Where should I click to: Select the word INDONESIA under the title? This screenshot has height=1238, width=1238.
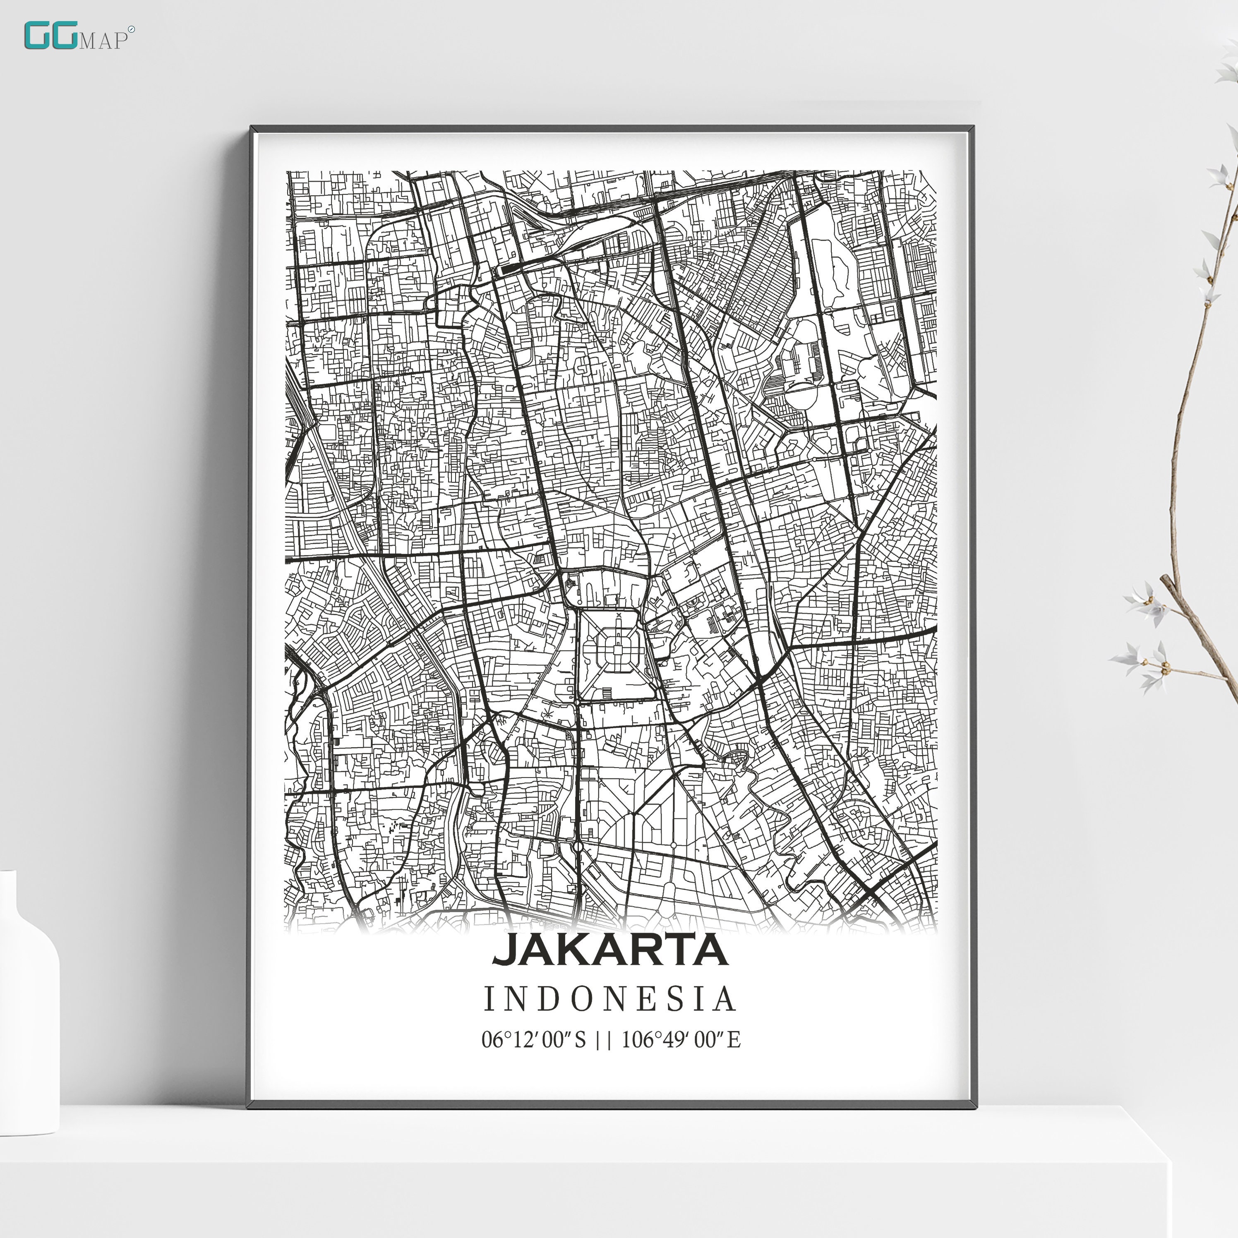[x=609, y=999]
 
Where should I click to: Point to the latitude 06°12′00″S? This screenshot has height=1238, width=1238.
[x=534, y=1039]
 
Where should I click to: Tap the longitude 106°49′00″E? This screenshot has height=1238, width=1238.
[x=681, y=1039]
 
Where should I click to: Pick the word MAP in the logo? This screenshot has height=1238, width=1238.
[x=103, y=41]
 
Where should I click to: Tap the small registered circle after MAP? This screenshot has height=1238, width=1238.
[x=131, y=29]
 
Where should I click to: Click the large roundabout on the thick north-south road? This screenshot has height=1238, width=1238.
[x=578, y=847]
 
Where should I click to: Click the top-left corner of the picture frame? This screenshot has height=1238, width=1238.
[x=251, y=127]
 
